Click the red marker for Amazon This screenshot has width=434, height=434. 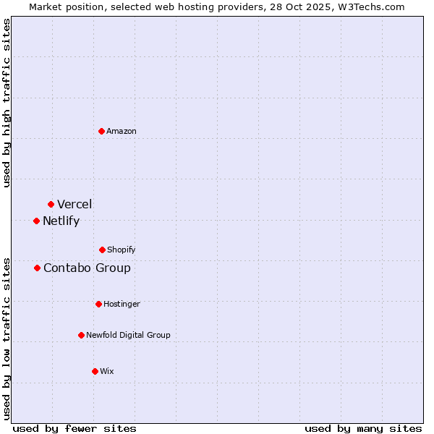(x=102, y=131)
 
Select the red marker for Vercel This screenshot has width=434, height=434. (x=51, y=204)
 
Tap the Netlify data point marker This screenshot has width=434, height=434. (x=36, y=221)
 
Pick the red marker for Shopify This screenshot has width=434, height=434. (x=102, y=250)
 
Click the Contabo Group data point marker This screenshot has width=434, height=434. (x=37, y=268)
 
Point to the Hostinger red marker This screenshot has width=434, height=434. (x=98, y=304)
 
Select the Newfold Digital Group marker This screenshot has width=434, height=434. (x=81, y=335)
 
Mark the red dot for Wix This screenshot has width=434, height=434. (x=95, y=371)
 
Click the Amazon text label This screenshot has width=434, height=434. (x=122, y=131)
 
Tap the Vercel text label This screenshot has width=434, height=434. (x=75, y=204)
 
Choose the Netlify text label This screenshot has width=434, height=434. (x=61, y=221)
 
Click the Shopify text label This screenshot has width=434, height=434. (x=122, y=250)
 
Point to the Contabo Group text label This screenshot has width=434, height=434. (x=87, y=268)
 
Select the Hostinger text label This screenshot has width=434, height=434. (x=122, y=304)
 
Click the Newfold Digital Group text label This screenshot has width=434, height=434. (x=128, y=335)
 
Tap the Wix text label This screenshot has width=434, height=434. (x=107, y=371)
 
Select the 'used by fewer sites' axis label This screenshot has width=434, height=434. (x=75, y=428)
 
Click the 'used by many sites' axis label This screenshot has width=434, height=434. (x=363, y=428)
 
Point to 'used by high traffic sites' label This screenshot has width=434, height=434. (x=7, y=103)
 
